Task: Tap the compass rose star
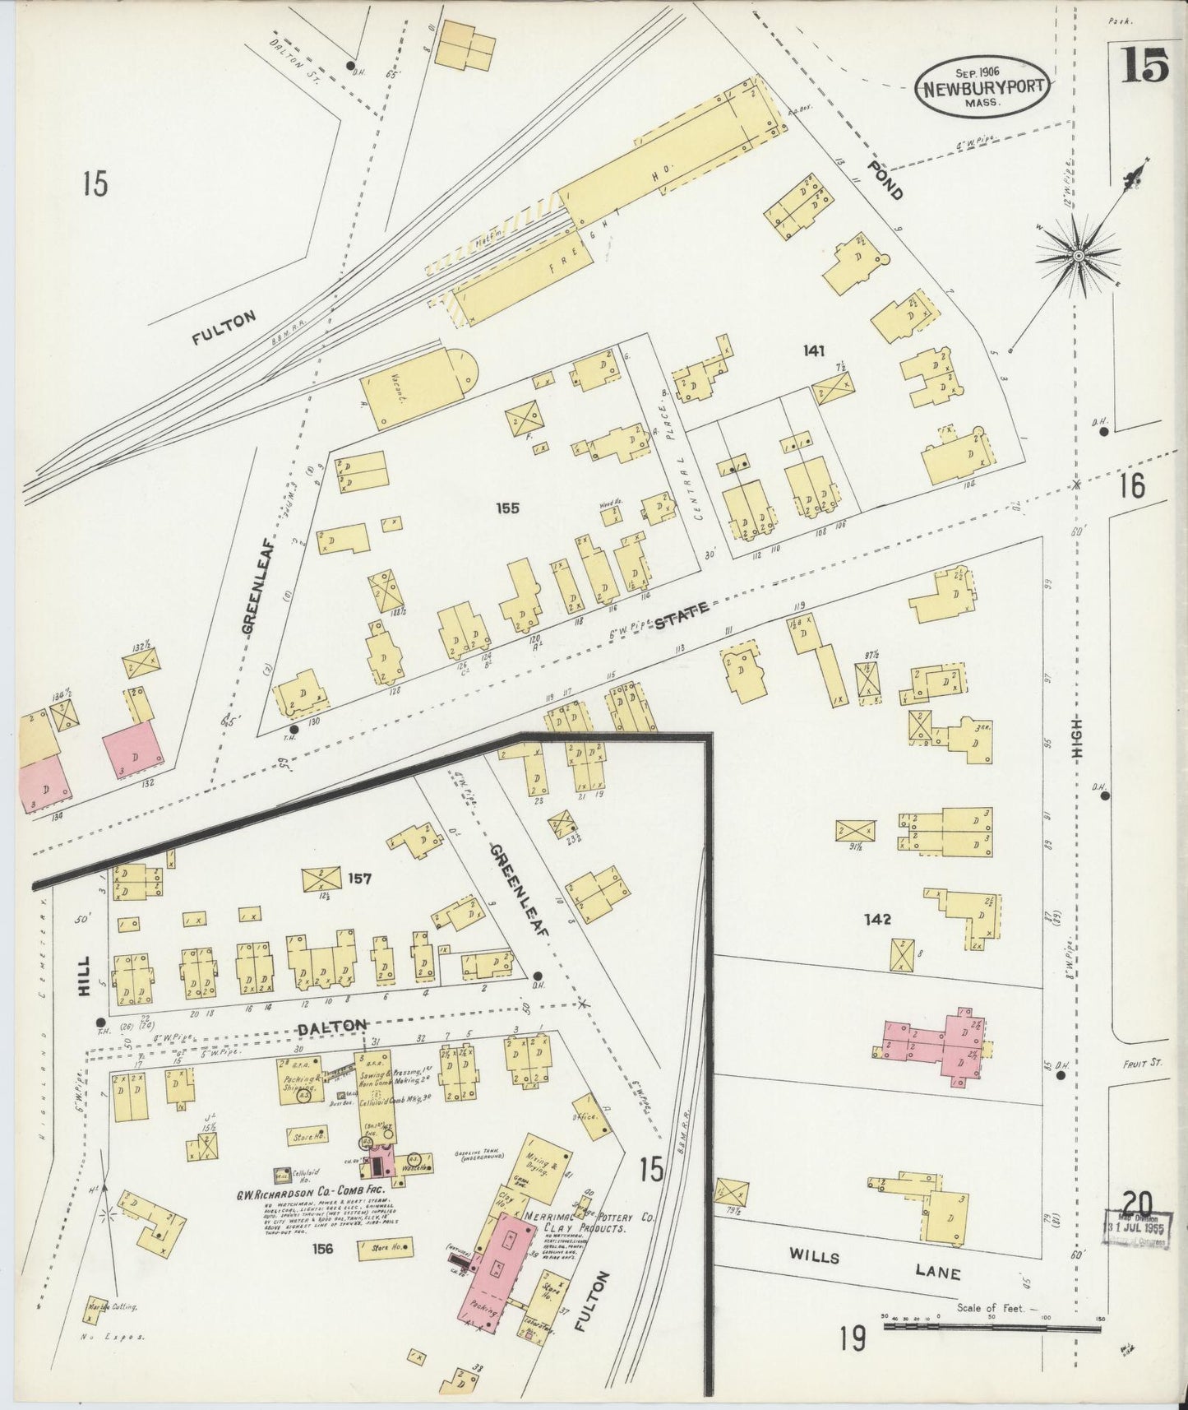(1077, 257)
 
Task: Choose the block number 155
(507, 508)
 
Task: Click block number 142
(878, 919)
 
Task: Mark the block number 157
(359, 879)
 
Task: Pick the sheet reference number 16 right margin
(1131, 487)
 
